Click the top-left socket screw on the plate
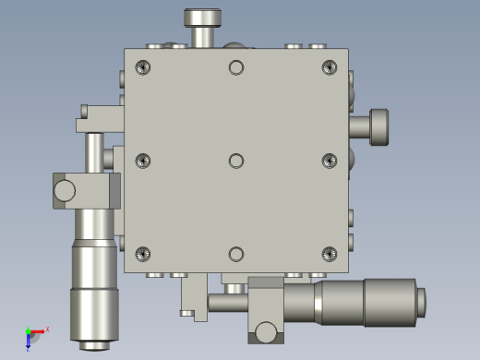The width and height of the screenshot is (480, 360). click(142, 67)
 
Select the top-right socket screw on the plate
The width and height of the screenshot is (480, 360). click(330, 67)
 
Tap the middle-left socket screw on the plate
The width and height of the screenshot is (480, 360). click(142, 161)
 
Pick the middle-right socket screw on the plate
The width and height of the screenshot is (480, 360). click(330, 161)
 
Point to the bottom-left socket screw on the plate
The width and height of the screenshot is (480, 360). click(142, 254)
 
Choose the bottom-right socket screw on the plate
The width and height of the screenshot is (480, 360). click(330, 254)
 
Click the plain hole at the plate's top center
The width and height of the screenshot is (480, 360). click(236, 67)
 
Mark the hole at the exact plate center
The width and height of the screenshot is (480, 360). click(236, 161)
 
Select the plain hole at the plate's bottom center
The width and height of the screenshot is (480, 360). click(236, 254)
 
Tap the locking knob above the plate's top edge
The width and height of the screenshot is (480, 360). click(203, 18)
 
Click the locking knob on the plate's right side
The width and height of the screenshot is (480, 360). click(378, 126)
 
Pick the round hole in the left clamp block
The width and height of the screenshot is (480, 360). click(65, 191)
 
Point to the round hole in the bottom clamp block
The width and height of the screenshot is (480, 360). click(266, 331)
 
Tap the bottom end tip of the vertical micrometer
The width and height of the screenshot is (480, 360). click(94, 346)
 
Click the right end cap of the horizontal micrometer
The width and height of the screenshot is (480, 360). click(422, 302)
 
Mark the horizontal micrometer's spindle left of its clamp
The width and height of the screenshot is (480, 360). click(228, 302)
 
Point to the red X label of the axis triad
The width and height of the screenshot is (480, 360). click(47, 329)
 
